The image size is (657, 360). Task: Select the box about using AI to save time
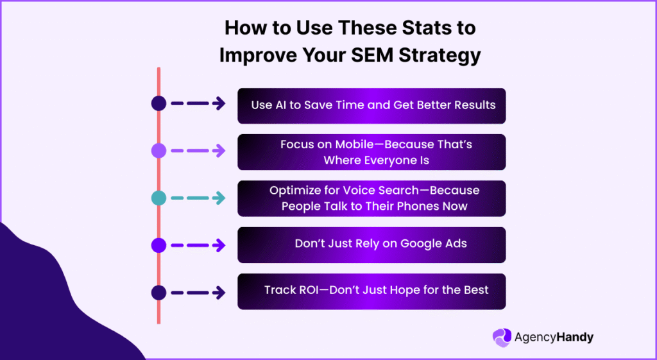(371, 105)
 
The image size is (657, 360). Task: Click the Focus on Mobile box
(371, 152)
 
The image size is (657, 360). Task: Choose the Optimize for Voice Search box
(371, 198)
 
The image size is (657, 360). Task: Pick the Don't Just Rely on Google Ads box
(371, 244)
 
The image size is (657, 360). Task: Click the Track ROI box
(371, 291)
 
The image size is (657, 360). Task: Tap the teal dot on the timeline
(158, 198)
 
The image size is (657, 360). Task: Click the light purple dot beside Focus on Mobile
(158, 151)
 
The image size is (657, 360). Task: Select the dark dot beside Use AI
(158, 104)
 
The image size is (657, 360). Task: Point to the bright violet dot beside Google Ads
(158, 245)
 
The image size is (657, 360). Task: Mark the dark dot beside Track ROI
(158, 293)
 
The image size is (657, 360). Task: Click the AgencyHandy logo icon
(502, 338)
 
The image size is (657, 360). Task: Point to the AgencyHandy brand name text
(554, 337)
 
